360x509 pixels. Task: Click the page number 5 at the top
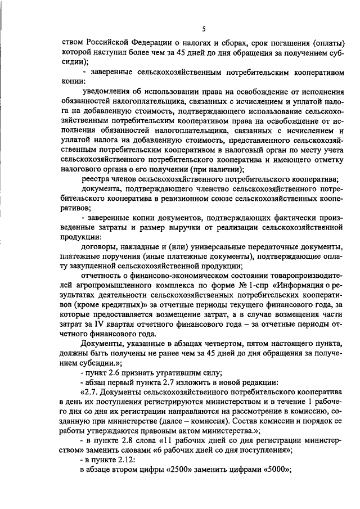[204, 29]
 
